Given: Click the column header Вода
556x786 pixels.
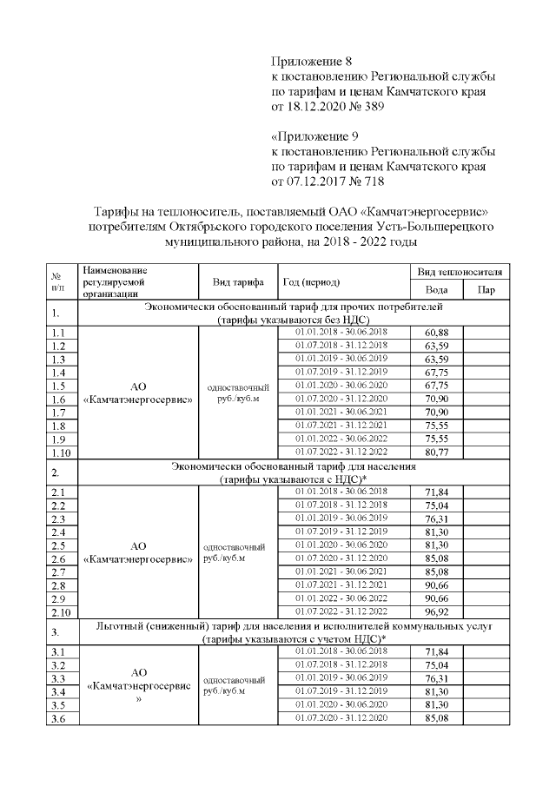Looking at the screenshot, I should pyautogui.click(x=437, y=290).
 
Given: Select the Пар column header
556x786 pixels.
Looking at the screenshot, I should pyautogui.click(x=487, y=290).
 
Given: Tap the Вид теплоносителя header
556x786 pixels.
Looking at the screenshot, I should pyautogui.click(x=461, y=273).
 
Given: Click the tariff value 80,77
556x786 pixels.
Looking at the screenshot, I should pyautogui.click(x=436, y=452).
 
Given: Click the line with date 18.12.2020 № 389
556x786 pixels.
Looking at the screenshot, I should pyautogui.click(x=327, y=106).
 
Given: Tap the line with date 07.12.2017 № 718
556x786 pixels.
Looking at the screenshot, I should pyautogui.click(x=327, y=182).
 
